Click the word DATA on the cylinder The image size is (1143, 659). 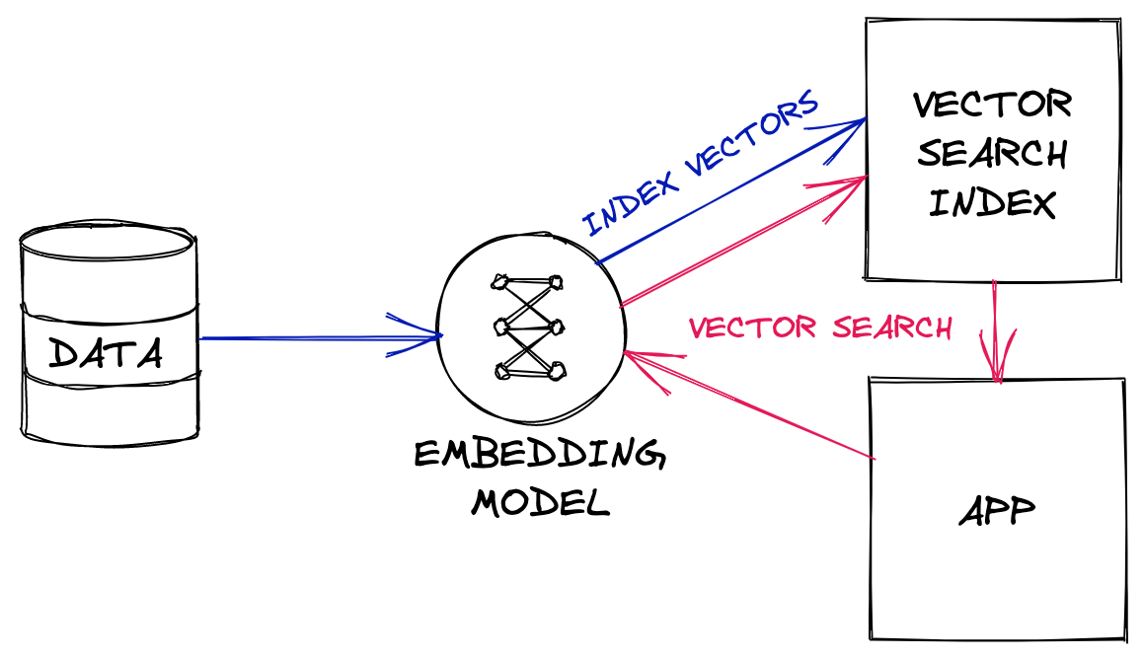pyautogui.click(x=107, y=353)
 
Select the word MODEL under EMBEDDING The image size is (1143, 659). pyautogui.click(x=540, y=503)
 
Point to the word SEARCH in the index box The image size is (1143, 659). pyautogui.click(x=992, y=154)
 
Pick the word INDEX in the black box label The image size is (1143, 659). pyautogui.click(x=992, y=203)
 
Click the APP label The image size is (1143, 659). pyautogui.click(x=997, y=513)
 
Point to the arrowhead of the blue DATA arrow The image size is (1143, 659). pyautogui.click(x=429, y=337)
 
